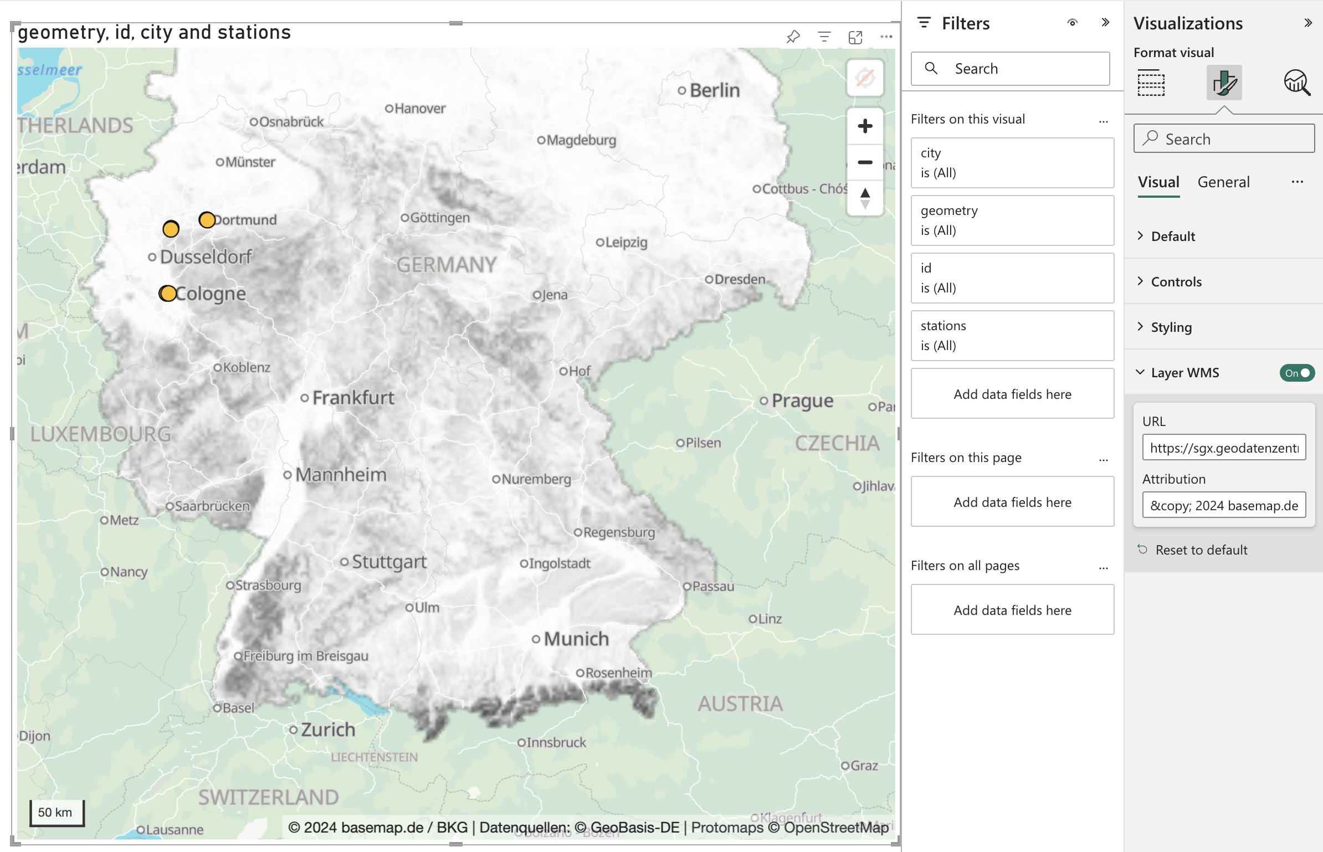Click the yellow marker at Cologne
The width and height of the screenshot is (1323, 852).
click(x=168, y=293)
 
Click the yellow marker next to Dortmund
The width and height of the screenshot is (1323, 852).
click(x=207, y=220)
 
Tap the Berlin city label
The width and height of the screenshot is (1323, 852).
click(x=714, y=90)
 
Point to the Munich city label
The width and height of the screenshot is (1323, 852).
click(x=576, y=639)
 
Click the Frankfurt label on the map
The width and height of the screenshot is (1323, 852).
click(x=353, y=397)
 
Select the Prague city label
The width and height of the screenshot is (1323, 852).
click(x=802, y=401)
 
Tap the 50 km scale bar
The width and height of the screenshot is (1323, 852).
click(x=56, y=813)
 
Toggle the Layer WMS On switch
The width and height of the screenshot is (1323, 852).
click(x=1296, y=373)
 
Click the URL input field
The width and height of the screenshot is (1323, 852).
click(x=1223, y=448)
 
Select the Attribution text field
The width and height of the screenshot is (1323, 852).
click(x=1223, y=505)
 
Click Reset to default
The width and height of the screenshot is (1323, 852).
click(x=1201, y=550)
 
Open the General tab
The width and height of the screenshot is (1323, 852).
click(x=1223, y=182)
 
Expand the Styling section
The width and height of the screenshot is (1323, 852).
click(x=1171, y=327)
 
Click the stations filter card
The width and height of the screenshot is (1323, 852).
click(x=1012, y=335)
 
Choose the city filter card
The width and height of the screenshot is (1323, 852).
click(x=1012, y=162)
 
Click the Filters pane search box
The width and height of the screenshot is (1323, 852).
click(x=1011, y=69)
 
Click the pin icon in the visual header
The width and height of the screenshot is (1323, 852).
click(x=793, y=37)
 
